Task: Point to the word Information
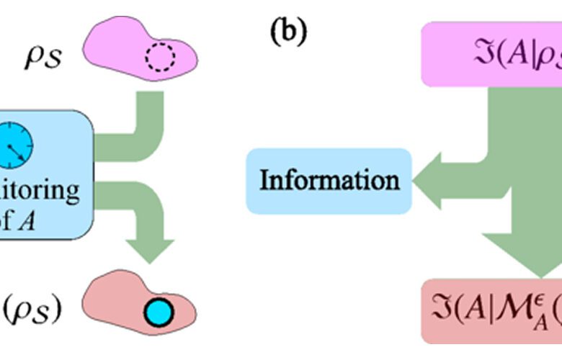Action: click(329, 180)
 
